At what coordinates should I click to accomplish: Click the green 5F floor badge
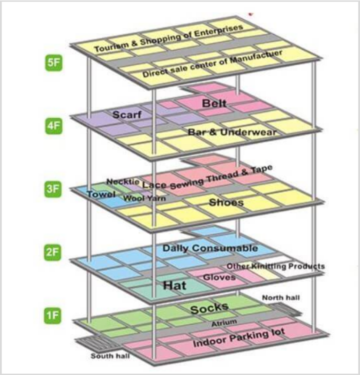(x=54, y=63)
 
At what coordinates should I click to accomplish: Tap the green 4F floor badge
(x=54, y=126)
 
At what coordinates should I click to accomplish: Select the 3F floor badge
(x=53, y=189)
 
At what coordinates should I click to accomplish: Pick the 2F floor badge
(x=52, y=252)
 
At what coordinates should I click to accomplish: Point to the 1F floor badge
(x=52, y=315)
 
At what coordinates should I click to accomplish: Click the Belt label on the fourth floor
(x=214, y=104)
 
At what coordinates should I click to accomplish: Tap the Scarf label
(x=127, y=115)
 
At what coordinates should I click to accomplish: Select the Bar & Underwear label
(x=232, y=132)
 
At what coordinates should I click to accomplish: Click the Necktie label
(x=123, y=182)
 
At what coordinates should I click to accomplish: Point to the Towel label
(x=101, y=194)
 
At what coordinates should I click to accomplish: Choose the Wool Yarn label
(x=144, y=198)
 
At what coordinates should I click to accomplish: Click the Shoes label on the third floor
(x=226, y=203)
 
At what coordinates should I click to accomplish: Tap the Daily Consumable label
(x=210, y=248)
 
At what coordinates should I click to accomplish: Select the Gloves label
(x=219, y=277)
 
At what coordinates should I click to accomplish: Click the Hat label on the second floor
(x=175, y=285)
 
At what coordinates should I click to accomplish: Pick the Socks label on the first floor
(x=209, y=308)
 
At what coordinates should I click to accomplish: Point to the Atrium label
(x=224, y=323)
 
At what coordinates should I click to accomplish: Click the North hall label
(x=281, y=298)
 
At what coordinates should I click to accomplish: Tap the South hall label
(x=110, y=356)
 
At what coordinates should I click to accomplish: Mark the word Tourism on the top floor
(x=111, y=47)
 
